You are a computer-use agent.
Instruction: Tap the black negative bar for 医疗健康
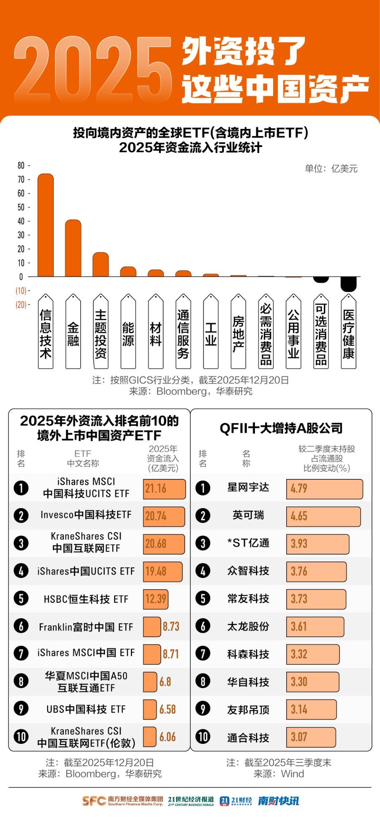pyautogui.click(x=348, y=284)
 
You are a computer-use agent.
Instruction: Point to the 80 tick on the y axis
pyautogui.click(x=21, y=166)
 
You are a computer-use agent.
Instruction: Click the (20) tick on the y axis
pyautogui.click(x=21, y=305)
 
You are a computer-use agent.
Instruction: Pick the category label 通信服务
pyautogui.click(x=183, y=334)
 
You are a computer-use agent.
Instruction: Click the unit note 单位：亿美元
pyautogui.click(x=331, y=169)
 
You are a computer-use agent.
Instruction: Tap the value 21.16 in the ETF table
pyautogui.click(x=156, y=489)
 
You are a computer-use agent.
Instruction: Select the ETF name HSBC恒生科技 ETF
pyautogui.click(x=86, y=599)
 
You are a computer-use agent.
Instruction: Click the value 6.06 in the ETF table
pyautogui.click(x=168, y=737)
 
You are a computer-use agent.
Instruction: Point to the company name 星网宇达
pyautogui.click(x=248, y=487)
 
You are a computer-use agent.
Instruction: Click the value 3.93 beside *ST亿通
pyautogui.click(x=299, y=544)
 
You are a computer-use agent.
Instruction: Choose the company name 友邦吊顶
pyautogui.click(x=248, y=710)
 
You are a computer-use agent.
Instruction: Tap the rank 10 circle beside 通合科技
pyautogui.click(x=203, y=737)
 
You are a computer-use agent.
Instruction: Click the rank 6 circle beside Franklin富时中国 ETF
pyautogui.click(x=21, y=626)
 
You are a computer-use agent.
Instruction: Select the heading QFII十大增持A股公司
pyautogui.click(x=281, y=428)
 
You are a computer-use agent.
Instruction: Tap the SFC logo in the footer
pyautogui.click(x=94, y=801)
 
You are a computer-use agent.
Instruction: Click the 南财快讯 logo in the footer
pyautogui.click(x=278, y=801)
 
